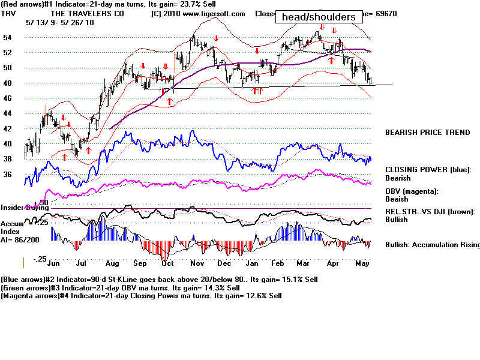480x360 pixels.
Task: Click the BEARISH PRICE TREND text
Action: [427, 133]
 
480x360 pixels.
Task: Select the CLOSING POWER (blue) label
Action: [428, 170]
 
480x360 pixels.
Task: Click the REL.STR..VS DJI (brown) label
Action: [430, 211]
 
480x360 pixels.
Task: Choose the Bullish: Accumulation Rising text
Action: [432, 245]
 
